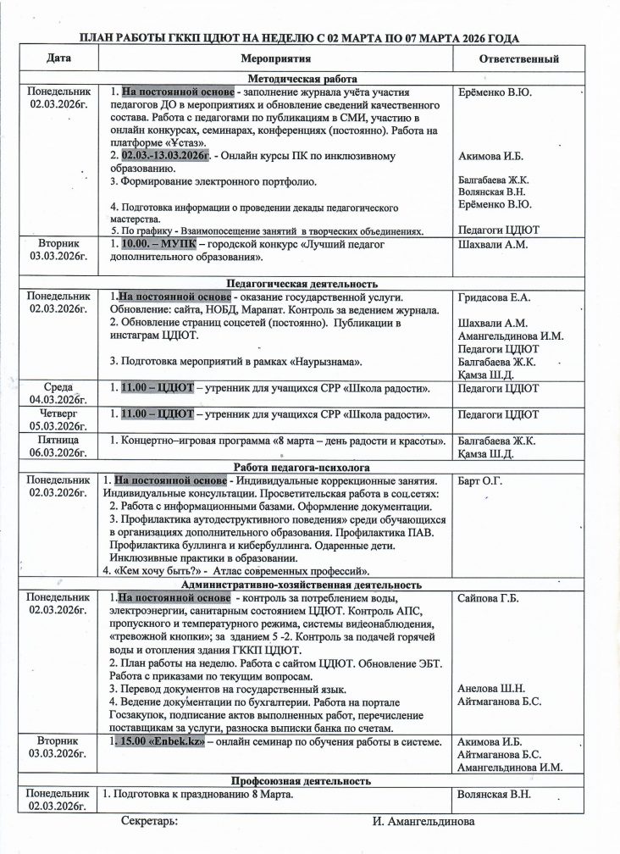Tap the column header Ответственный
[518, 59]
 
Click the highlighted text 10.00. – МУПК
[158, 244]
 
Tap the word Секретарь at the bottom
[149, 822]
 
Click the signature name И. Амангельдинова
[423, 822]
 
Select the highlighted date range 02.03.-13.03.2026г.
[165, 156]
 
